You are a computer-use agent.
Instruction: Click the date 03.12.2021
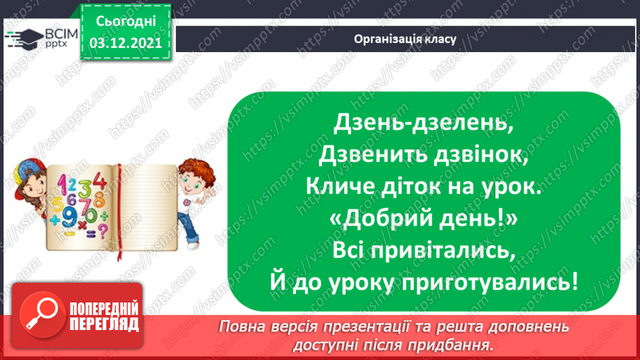click(125, 42)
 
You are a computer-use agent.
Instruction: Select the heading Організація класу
click(405, 39)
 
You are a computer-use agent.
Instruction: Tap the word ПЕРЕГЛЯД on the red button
click(104, 324)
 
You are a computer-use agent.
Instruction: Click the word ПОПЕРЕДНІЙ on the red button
click(104, 309)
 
